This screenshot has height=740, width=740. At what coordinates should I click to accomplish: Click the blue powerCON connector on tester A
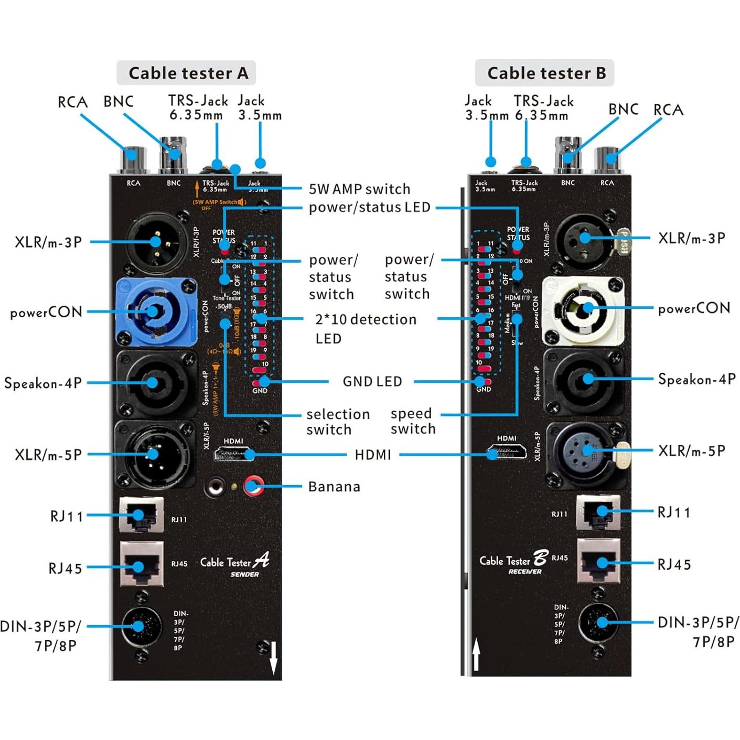pyautogui.click(x=155, y=312)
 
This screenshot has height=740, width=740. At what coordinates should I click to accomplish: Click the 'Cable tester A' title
pyautogui.click(x=188, y=73)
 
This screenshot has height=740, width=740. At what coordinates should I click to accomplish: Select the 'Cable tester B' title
pyautogui.click(x=545, y=73)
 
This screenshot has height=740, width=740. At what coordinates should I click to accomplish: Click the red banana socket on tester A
pyautogui.click(x=254, y=486)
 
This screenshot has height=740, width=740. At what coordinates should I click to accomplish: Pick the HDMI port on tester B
pyautogui.click(x=507, y=452)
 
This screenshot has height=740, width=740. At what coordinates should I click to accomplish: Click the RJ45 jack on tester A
pyautogui.click(x=142, y=565)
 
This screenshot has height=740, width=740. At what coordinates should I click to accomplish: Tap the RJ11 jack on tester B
pyautogui.click(x=598, y=511)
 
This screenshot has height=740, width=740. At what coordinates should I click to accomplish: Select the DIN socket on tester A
pyautogui.click(x=142, y=626)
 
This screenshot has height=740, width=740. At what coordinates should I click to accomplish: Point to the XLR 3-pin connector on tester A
pyautogui.click(x=156, y=242)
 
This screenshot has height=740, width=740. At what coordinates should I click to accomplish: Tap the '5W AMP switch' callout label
pyautogui.click(x=359, y=189)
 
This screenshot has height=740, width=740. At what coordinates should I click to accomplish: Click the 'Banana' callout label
pyautogui.click(x=334, y=487)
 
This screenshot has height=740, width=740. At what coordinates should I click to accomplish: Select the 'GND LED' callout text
pyautogui.click(x=372, y=381)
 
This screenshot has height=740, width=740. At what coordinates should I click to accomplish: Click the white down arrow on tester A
pyautogui.click(x=273, y=658)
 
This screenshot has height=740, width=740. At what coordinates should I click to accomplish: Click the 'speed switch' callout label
pyautogui.click(x=413, y=421)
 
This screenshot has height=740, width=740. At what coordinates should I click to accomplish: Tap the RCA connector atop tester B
pyautogui.click(x=607, y=159)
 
